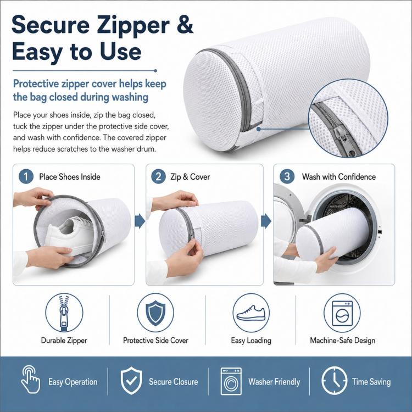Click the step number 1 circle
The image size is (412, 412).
[x=26, y=176]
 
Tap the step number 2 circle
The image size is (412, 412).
[x=158, y=176]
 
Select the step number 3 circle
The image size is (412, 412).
[x=287, y=176]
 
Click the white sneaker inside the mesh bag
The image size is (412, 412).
[x=70, y=235]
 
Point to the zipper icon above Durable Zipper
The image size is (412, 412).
[x=64, y=313]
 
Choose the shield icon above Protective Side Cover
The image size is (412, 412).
[x=155, y=313]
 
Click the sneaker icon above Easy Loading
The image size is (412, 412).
[x=251, y=313]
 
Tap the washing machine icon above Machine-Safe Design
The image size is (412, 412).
[x=342, y=313]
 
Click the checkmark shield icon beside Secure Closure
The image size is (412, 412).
[x=131, y=381]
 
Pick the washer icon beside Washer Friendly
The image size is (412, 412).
[x=231, y=381]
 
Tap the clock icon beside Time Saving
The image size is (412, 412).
[x=334, y=381]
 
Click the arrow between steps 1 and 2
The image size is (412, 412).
[x=140, y=221]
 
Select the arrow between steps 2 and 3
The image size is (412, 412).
[x=266, y=221]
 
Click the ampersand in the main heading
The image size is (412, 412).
[x=185, y=24]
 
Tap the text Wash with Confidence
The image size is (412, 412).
[x=339, y=176]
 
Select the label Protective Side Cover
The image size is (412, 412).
[x=155, y=340]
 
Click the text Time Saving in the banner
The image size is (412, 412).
[x=371, y=382]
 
